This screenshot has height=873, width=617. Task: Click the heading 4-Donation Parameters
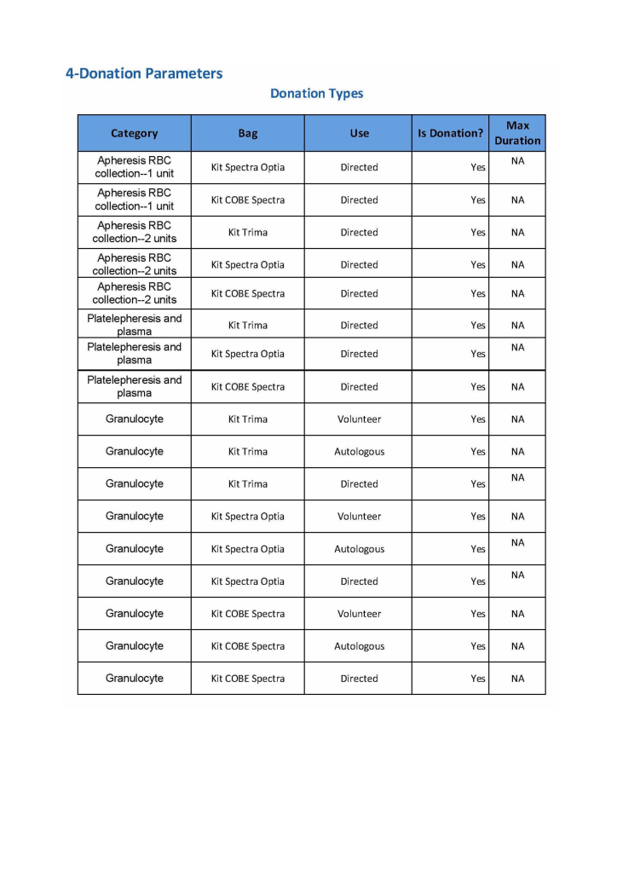pos(144,73)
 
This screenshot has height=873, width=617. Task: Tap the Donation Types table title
pos(316,94)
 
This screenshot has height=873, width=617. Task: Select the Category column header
pos(135,133)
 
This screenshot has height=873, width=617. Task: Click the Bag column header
pos(248,133)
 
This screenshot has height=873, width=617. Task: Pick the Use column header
pos(359,133)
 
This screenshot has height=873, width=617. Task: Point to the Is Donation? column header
pos(450,133)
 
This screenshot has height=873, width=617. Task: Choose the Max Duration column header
pos(517,133)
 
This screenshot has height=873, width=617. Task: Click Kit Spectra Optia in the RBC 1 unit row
pos(248,168)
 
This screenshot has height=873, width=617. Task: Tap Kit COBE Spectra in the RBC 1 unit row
pos(248,200)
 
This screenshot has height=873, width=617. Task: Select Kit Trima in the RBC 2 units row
pos(248,233)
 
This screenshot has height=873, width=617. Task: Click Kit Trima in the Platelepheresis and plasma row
pos(248,326)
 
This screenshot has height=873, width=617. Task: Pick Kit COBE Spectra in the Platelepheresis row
pos(248,387)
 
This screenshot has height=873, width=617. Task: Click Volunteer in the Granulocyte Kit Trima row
pos(359,419)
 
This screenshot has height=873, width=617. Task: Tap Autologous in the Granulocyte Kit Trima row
pos(359,452)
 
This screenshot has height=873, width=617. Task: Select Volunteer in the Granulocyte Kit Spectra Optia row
pos(359,517)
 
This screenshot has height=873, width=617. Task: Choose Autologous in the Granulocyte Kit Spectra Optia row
pos(359,549)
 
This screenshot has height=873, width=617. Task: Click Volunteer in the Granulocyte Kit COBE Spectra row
pos(359,614)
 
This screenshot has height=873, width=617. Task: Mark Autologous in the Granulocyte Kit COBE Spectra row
pos(359,646)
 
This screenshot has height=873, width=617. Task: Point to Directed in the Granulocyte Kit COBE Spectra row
pos(359,679)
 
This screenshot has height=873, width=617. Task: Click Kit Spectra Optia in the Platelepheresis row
pos(248,355)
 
